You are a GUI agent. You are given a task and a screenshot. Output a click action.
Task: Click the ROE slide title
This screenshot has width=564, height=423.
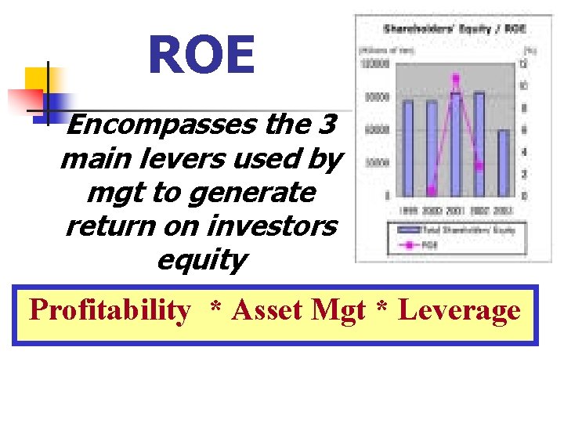click(x=201, y=56)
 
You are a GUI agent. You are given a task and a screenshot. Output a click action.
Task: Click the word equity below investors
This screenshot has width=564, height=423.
click(x=202, y=260)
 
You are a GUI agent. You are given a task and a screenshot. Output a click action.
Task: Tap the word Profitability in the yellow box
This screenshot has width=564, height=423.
click(x=109, y=311)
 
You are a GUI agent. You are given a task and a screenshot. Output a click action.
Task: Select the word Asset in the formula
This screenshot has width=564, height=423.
click(x=267, y=311)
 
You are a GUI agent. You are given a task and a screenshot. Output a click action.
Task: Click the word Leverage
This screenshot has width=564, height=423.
click(x=459, y=311)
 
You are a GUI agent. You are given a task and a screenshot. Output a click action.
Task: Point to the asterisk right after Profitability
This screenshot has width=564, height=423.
click(x=215, y=309)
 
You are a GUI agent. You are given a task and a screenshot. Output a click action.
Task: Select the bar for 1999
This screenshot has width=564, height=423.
click(x=407, y=148)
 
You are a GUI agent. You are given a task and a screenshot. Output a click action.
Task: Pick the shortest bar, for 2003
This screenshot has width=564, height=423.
click(x=503, y=162)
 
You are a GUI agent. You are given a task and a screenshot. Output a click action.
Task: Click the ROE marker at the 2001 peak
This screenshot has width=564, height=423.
click(x=456, y=78)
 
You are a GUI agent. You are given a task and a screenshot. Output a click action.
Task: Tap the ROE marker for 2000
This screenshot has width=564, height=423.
click(x=432, y=190)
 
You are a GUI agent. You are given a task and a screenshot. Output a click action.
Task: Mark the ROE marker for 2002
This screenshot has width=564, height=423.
click(x=479, y=166)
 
